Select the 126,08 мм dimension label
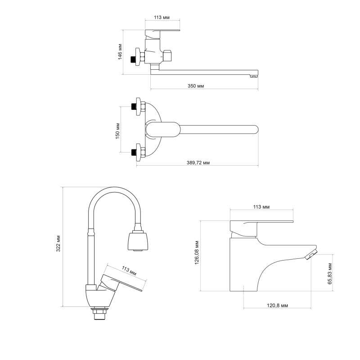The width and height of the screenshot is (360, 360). (197, 253)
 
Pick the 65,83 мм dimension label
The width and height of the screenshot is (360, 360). (329, 273)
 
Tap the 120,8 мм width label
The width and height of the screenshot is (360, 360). (277, 305)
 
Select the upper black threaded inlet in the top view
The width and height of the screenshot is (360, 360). (133, 108)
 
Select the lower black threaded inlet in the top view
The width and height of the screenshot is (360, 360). (133, 152)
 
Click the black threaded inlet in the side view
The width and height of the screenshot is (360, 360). (133, 58)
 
